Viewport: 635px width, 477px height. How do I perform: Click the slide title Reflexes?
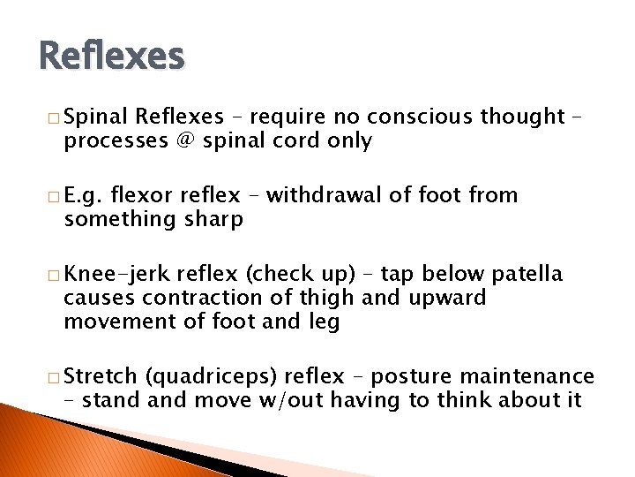112,57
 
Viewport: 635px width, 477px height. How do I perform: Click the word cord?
299,141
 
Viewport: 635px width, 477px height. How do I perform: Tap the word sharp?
212,220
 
